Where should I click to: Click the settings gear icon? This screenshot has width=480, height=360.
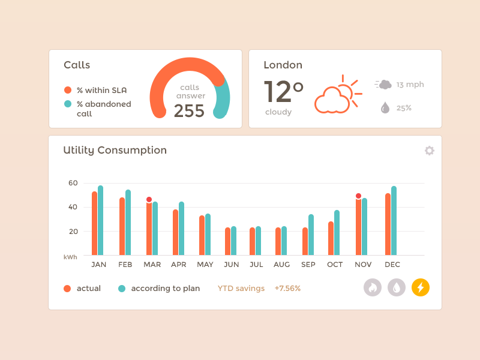click(430, 151)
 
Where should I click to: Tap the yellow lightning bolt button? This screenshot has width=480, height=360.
click(421, 288)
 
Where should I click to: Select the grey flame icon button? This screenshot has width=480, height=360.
click(373, 288)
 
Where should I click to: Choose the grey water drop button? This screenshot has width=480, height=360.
click(397, 288)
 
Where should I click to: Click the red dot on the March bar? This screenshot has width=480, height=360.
click(149, 200)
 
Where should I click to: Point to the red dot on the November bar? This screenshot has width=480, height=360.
click(358, 196)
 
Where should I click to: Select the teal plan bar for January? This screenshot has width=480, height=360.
click(101, 220)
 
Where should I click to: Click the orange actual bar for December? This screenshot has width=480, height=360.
click(388, 224)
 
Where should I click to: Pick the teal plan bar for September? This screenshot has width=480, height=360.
click(311, 235)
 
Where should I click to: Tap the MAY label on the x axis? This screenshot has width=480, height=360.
click(205, 265)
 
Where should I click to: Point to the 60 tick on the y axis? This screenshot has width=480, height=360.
click(73, 183)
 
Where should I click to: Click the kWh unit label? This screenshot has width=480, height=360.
click(70, 257)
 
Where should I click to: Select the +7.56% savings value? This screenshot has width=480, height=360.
click(287, 289)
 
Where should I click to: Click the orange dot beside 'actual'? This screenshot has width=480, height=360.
click(67, 289)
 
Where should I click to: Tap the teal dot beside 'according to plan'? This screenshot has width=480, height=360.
click(122, 289)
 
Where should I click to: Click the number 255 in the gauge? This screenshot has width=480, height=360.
click(189, 111)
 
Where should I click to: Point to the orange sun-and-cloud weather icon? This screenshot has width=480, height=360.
click(337, 95)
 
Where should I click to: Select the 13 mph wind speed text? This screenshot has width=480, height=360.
click(410, 85)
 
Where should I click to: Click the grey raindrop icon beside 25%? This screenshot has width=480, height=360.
click(385, 108)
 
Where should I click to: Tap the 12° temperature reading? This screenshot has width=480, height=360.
click(283, 92)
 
